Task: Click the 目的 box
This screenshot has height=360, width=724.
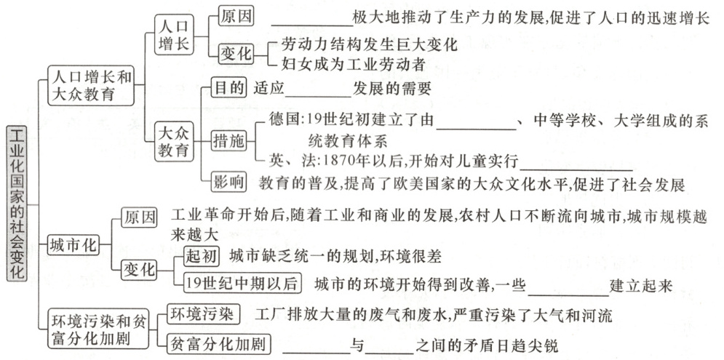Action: point(228,89)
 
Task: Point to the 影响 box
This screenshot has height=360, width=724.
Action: point(228,182)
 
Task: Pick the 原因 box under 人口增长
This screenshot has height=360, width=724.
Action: point(236,17)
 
